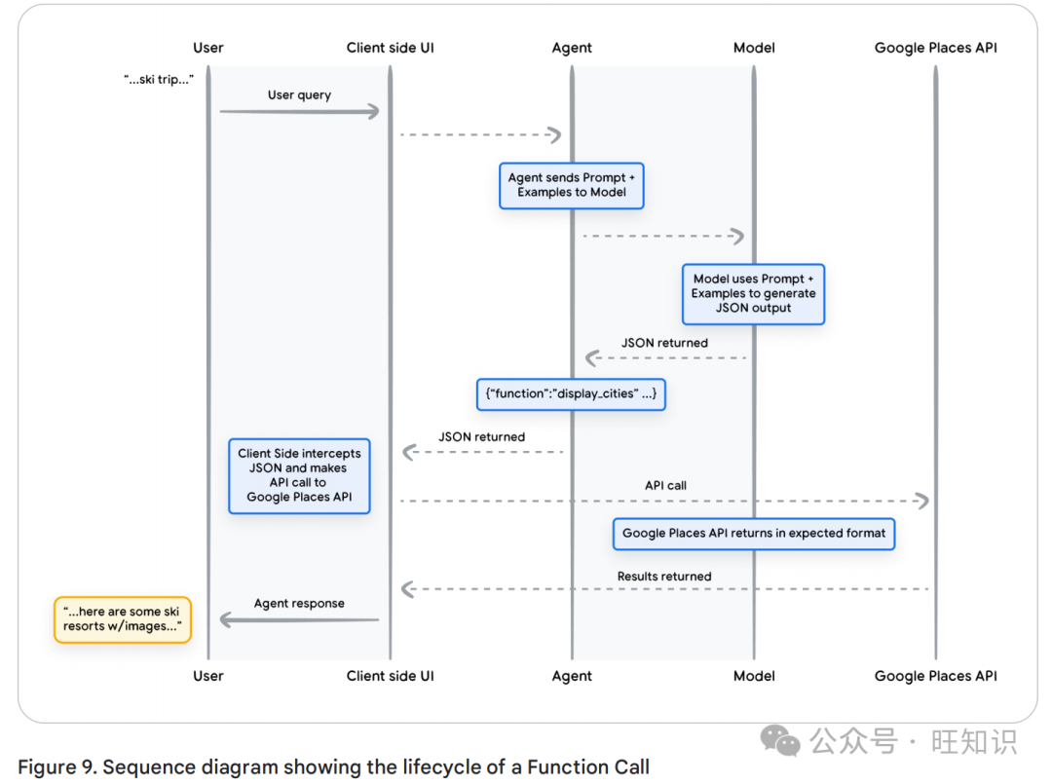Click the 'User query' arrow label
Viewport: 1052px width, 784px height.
pos(299,95)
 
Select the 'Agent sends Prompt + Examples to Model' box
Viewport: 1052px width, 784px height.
pos(572,185)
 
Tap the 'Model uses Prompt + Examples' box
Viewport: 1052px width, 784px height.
pos(753,293)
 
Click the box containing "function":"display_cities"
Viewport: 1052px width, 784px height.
pos(571,394)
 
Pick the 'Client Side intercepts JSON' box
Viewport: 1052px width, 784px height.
pos(299,475)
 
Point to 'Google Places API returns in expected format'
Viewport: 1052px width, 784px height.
pos(754,533)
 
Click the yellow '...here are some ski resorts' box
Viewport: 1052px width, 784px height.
pos(122,618)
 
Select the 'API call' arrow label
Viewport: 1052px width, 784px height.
pos(666,485)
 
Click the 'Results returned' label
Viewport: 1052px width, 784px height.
pos(664,577)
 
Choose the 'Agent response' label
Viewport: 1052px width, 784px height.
pos(299,604)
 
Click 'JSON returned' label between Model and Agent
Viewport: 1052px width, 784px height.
pos(664,343)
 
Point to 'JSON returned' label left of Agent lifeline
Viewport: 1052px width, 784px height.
pos(481,437)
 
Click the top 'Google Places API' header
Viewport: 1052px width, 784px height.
pos(935,48)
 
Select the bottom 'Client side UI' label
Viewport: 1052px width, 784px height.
pos(391,676)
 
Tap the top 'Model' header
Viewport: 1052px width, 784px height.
pos(754,48)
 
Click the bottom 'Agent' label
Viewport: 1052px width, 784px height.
pos(572,676)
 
